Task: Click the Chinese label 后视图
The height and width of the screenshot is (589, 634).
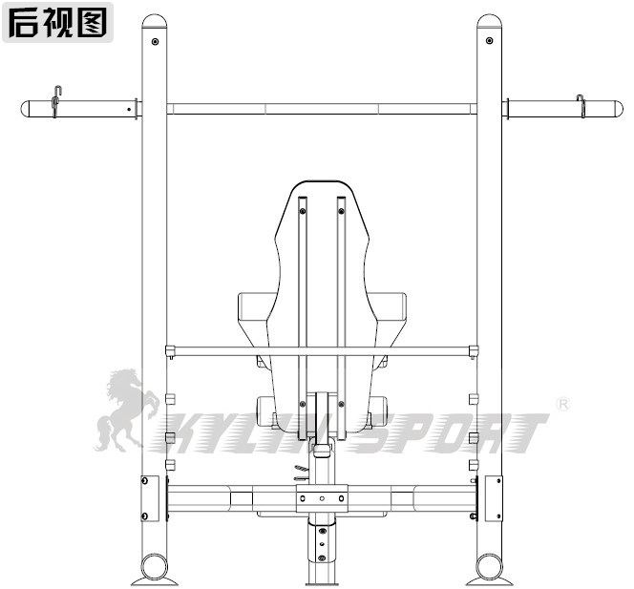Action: point(58,21)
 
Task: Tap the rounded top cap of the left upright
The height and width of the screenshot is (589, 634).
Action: point(154,21)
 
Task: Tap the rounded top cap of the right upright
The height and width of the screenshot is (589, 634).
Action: point(489,21)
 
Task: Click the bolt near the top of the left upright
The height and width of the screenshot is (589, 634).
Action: point(154,41)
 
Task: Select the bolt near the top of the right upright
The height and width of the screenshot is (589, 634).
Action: point(489,41)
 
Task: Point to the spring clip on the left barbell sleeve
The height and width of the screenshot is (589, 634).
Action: point(57,101)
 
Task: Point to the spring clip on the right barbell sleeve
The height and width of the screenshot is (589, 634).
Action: point(581,106)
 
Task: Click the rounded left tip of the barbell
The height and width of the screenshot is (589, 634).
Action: point(26,109)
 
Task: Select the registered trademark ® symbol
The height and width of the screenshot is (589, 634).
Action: point(562,405)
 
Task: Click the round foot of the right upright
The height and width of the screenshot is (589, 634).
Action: point(489,567)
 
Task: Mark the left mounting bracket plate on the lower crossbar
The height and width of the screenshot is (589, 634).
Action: point(150,498)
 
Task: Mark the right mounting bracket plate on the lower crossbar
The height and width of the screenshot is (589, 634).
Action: point(493,498)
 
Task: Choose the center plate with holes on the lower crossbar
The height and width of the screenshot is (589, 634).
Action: point(322,498)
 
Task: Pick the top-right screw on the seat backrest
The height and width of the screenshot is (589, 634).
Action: point(341,201)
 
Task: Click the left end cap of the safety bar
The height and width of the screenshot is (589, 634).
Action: point(170,351)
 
